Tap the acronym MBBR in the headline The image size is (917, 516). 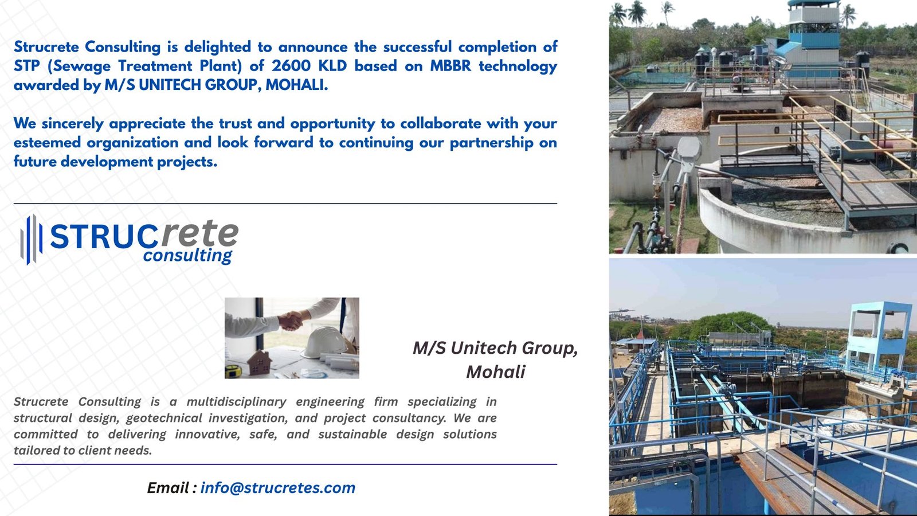point(450,66)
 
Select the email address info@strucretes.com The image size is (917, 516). point(278,488)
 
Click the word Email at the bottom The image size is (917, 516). point(168,488)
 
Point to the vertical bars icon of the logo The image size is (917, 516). point(32,240)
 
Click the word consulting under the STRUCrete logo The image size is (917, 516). point(187,256)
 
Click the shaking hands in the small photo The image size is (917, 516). point(291,321)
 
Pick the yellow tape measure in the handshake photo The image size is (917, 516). point(233,371)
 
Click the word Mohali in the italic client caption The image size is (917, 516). point(496,372)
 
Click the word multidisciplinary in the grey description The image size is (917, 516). point(236,402)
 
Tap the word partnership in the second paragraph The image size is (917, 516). point(491,143)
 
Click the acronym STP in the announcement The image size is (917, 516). point(26,66)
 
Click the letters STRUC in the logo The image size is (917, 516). point(103,237)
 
